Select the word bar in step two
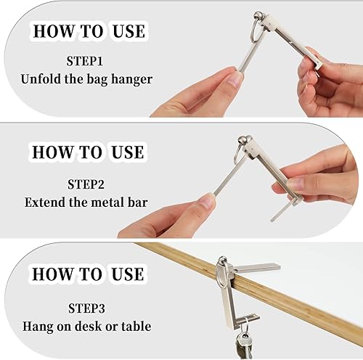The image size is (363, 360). pos(137,202)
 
